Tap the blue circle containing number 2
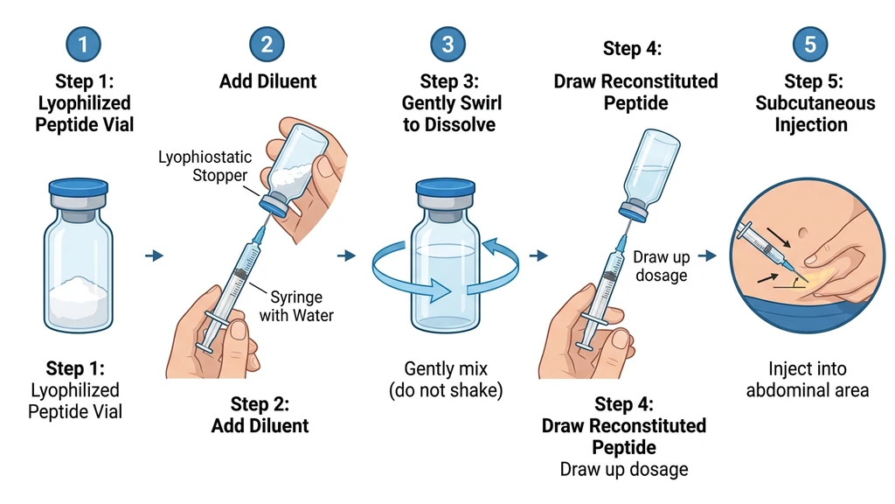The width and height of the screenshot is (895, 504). coord(267,45)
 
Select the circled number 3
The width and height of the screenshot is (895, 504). coord(447,45)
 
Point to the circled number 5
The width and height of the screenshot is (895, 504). coord(809,45)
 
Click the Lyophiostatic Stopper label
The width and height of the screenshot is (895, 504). coord(205,166)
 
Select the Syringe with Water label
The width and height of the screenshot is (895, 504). coord(295,305)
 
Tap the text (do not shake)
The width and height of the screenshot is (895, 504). coord(446,390)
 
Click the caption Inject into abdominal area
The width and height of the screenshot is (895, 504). coord(807,379)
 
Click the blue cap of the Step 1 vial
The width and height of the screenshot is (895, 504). coord(78,187)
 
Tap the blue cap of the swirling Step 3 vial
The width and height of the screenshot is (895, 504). coord(446,188)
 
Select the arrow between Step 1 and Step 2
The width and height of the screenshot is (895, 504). coord(154,255)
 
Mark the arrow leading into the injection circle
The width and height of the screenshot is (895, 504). coord(707,255)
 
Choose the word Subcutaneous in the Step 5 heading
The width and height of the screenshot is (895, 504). coord(815,103)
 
